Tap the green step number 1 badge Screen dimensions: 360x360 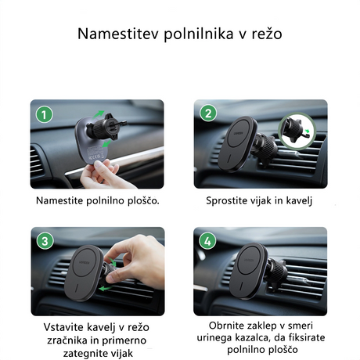pos(45,114)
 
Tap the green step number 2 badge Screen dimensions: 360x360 pos(208,114)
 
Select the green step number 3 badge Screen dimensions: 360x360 pos(45,241)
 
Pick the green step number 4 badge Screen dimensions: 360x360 pos(208,241)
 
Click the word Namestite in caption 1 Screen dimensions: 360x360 pos(67,200)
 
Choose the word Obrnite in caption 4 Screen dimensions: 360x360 pos(227,324)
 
